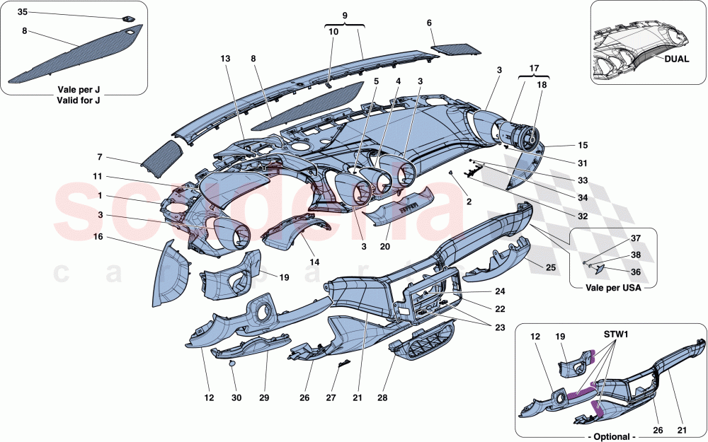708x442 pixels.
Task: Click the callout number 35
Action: [x=22, y=12]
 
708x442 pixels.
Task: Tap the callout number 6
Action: [x=429, y=23]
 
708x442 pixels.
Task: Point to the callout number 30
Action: [x=236, y=398]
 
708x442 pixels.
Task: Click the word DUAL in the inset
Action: [x=678, y=59]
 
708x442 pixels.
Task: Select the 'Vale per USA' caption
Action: [x=613, y=286]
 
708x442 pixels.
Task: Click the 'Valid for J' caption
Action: [x=78, y=100]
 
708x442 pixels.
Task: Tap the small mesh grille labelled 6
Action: [x=455, y=49]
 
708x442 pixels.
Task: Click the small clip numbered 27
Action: [x=345, y=363]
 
